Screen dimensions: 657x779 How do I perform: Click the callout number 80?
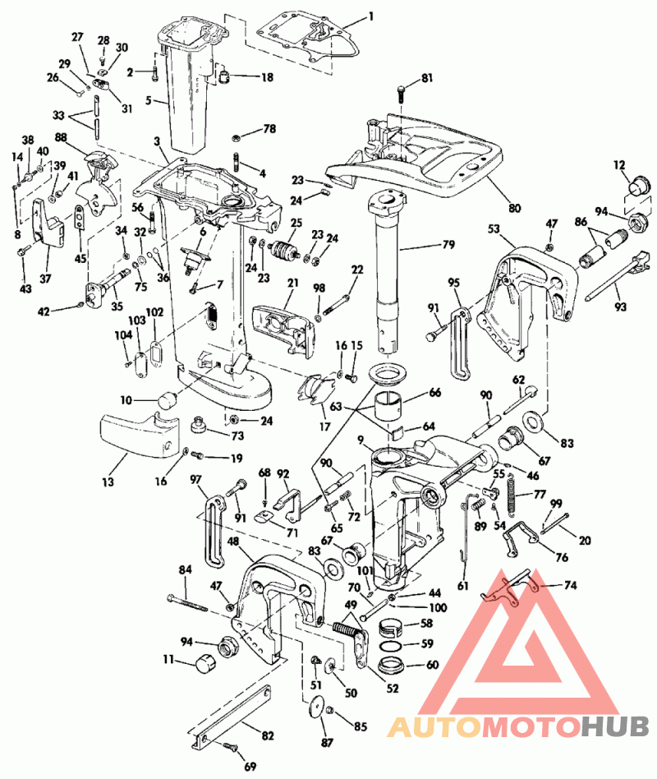click(x=515, y=207)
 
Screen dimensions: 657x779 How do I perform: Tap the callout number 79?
click(x=449, y=245)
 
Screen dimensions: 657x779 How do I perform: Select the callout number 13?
click(x=108, y=482)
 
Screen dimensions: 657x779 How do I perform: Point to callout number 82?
click(x=268, y=735)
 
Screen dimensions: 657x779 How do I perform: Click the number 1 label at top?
click(x=371, y=17)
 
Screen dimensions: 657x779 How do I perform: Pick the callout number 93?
click(x=621, y=307)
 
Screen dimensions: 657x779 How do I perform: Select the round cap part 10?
click(x=168, y=399)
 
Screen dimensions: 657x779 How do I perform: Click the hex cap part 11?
click(x=205, y=663)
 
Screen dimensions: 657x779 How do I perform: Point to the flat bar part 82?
click(x=232, y=715)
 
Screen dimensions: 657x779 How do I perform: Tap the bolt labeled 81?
click(x=402, y=92)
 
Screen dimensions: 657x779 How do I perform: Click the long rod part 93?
click(x=618, y=276)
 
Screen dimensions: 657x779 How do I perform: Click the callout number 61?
click(x=463, y=586)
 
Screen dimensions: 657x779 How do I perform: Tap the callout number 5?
click(x=149, y=101)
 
